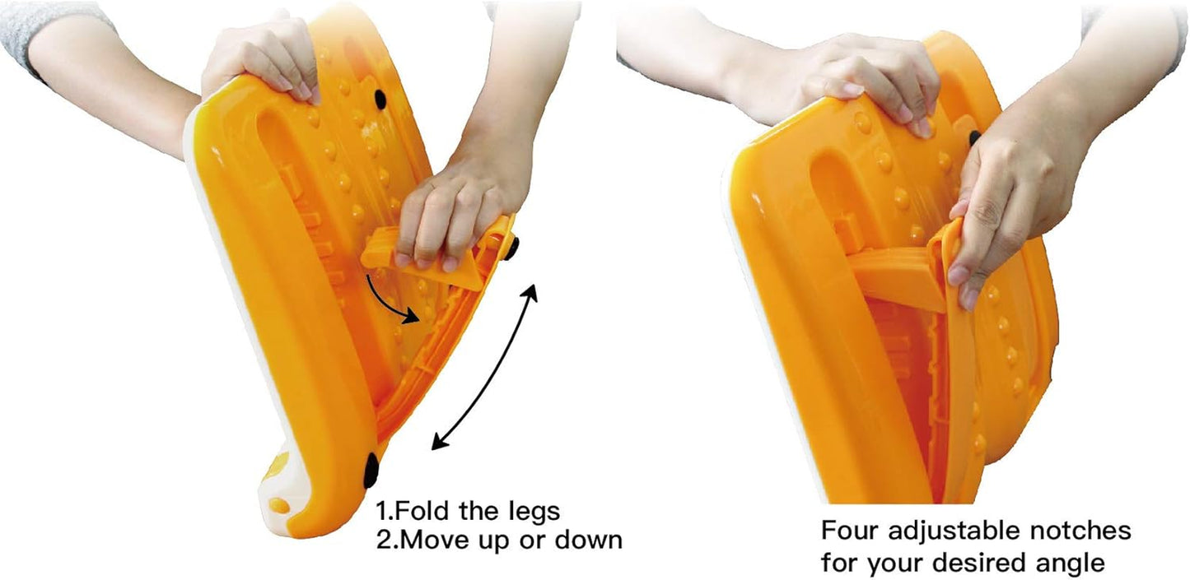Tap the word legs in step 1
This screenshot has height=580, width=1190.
point(534,512)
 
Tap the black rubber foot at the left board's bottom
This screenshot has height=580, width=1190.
point(371,470)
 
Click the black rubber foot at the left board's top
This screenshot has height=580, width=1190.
point(380,100)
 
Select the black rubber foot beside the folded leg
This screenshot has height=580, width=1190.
point(511,248)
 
